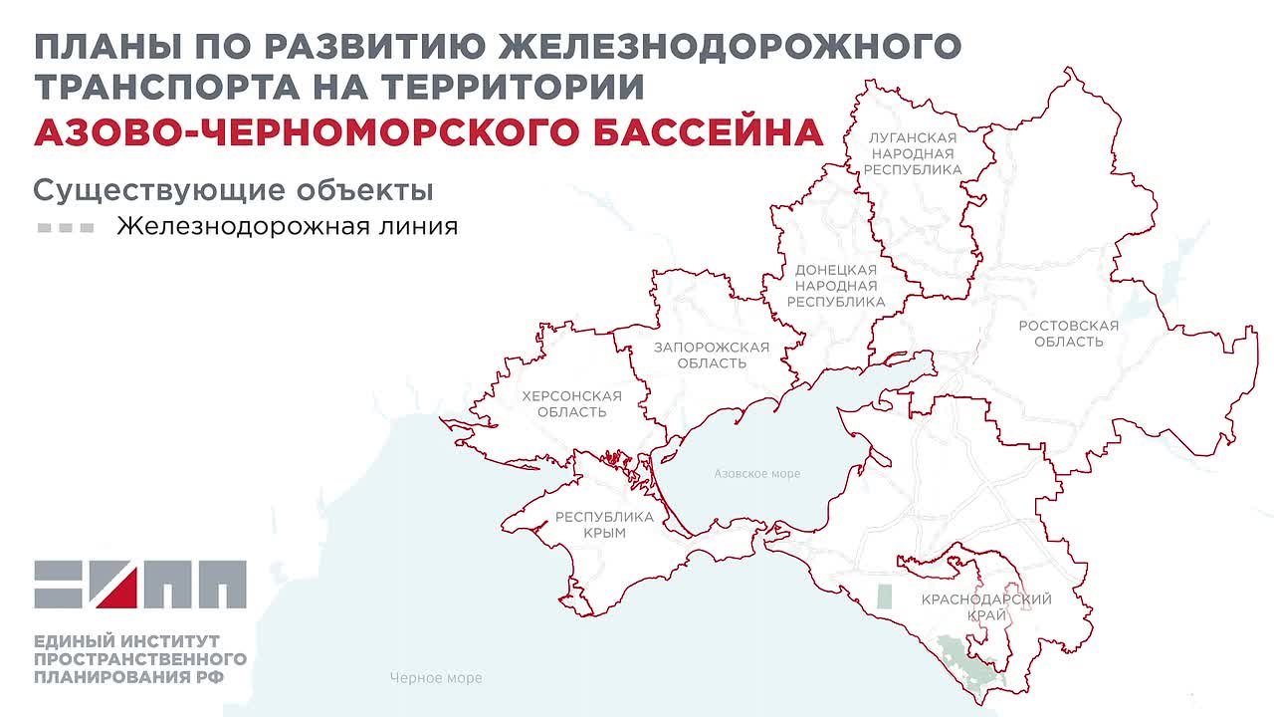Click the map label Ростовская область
1068,334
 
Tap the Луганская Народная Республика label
912,153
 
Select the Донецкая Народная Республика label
835,286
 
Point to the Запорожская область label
711,355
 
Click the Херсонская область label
571,403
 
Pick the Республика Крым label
604,525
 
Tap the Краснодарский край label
985,607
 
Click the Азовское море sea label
756,474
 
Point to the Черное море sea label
436,678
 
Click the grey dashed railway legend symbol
66,227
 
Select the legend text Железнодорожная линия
287,226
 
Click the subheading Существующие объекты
233,189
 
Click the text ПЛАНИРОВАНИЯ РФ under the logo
128,677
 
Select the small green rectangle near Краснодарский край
884,597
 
